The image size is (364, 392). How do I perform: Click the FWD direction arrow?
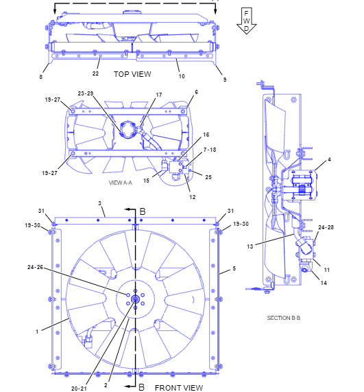[x=246, y=21]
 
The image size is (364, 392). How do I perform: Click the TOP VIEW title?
[x=132, y=74]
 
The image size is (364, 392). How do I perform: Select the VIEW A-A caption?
[x=121, y=183]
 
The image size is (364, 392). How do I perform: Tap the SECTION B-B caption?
[x=284, y=318]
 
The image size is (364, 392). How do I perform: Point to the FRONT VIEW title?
[x=179, y=388]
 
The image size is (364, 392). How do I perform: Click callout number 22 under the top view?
[x=95, y=73]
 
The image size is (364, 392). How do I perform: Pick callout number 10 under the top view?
[x=182, y=76]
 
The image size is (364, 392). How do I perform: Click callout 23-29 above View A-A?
[x=86, y=93]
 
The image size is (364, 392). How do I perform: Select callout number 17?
[x=159, y=95]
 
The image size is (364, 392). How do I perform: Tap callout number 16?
[x=206, y=135]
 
